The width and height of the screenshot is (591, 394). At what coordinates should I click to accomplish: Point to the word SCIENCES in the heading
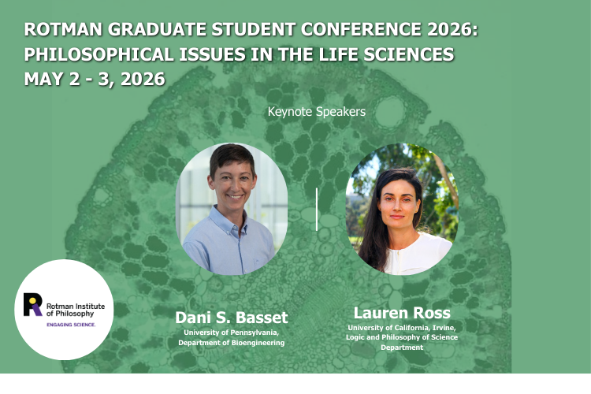[x=414, y=55]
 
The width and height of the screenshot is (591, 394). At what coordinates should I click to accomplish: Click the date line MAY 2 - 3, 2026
[x=95, y=80]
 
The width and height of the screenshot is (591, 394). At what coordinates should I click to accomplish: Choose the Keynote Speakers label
[x=317, y=112]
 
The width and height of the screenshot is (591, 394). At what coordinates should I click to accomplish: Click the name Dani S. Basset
[x=232, y=318]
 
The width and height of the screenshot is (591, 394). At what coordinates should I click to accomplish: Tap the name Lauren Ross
[x=402, y=312]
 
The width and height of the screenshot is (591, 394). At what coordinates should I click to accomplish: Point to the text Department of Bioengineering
[x=232, y=343]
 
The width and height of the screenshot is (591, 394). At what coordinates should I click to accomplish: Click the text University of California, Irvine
[x=402, y=328]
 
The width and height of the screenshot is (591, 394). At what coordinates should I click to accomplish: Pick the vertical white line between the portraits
[x=317, y=209]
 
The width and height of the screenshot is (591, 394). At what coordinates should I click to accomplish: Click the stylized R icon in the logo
[x=33, y=303]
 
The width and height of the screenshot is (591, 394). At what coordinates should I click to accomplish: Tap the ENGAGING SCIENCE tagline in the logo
[x=72, y=324]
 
